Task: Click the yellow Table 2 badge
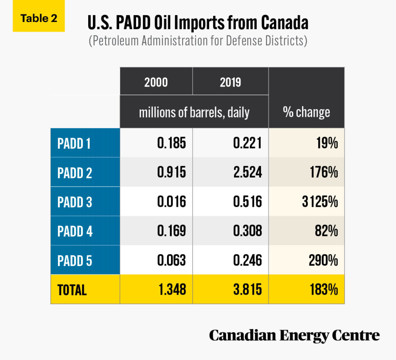39,19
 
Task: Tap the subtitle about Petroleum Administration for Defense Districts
198,41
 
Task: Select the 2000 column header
156,82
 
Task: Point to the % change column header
306,112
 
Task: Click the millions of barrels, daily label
194,112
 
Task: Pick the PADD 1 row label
74,143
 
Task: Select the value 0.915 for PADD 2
171,173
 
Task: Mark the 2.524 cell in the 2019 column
247,173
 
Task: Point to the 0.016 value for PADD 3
171,202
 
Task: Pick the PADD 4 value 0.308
247,231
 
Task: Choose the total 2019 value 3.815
247,290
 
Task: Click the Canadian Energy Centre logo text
294,335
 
